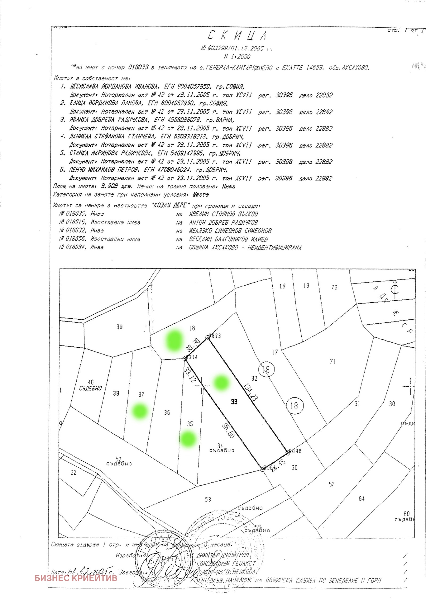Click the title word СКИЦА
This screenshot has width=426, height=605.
[237, 35]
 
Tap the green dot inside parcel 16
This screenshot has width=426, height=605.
[174, 340]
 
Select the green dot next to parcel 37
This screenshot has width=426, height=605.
[140, 411]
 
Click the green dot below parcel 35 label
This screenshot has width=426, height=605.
[188, 439]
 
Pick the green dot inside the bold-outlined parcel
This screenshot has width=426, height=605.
[221, 383]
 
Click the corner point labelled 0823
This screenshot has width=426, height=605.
[208, 338]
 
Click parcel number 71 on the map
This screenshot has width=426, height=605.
[333, 361]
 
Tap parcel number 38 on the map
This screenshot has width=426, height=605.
[120, 327]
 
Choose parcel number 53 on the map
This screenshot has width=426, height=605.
[208, 500]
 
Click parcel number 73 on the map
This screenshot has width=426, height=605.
[334, 287]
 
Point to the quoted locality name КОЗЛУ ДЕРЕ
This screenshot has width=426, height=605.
[169, 205]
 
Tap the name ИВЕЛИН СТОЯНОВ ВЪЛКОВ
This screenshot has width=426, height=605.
[223, 214]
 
